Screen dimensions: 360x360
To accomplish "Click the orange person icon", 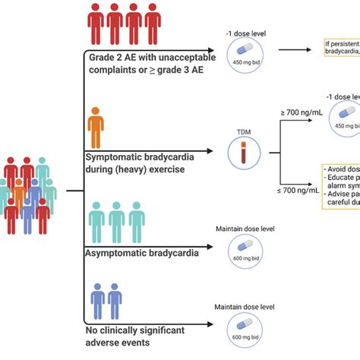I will click(x=94, y=127).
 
